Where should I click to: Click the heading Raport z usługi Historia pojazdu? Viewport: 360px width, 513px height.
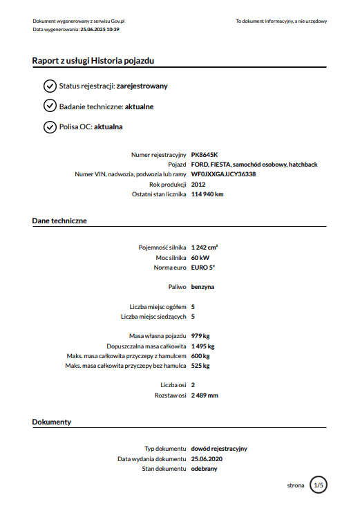pos(93,61)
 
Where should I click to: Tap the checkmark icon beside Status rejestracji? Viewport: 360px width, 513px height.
pos(49,86)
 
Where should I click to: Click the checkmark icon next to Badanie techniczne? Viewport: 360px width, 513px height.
pos(49,106)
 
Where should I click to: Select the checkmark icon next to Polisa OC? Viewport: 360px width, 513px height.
pos(49,127)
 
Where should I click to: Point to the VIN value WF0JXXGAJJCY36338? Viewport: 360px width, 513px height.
pos(223,174)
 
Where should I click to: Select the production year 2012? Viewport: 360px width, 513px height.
pos(198,185)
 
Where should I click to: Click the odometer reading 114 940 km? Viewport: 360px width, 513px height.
pos(207,194)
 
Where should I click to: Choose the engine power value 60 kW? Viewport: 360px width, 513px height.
pos(200,256)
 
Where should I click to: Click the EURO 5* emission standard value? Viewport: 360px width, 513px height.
pos(202,266)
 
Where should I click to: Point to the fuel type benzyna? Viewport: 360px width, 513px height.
pos(202,286)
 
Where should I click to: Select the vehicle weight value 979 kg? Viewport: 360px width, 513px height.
pos(200,335)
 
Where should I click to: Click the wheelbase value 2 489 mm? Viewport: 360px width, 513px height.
pos(205,395)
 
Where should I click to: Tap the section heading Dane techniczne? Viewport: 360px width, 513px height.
pos(59,221)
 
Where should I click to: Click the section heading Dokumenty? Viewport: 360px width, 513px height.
pos(52,421)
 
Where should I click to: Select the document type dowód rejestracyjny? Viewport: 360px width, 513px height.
pos(224,448)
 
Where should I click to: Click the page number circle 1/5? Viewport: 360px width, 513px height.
pos(319,485)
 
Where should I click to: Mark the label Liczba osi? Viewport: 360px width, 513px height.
pos(173,385)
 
